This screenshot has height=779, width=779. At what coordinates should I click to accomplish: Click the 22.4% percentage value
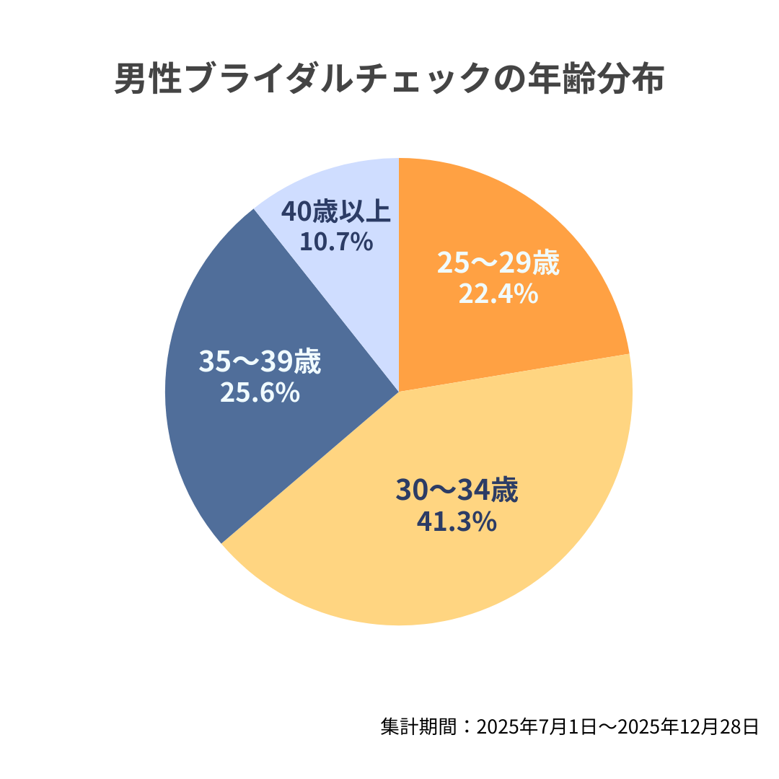pyautogui.click(x=498, y=294)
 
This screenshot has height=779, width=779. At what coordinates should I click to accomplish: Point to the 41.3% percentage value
pyautogui.click(x=457, y=521)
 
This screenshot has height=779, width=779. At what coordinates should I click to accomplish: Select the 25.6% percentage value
pyautogui.click(x=260, y=392)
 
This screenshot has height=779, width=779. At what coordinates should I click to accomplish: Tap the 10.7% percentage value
pyautogui.click(x=336, y=242)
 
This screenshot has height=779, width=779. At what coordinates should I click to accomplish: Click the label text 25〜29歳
pyautogui.click(x=498, y=264)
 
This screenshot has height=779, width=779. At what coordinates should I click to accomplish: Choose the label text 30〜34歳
pyautogui.click(x=457, y=491)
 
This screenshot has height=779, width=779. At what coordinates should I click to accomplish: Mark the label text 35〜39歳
pyautogui.click(x=260, y=362)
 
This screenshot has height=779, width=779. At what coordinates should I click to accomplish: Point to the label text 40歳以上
pyautogui.click(x=336, y=212)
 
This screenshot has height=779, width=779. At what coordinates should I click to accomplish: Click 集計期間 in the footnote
pyautogui.click(x=418, y=726)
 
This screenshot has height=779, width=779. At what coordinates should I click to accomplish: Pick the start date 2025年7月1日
pyautogui.click(x=536, y=726)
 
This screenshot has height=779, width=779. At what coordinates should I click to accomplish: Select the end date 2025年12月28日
pyautogui.click(x=692, y=726)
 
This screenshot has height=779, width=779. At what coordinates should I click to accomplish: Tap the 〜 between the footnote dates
pyautogui.click(x=608, y=726)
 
